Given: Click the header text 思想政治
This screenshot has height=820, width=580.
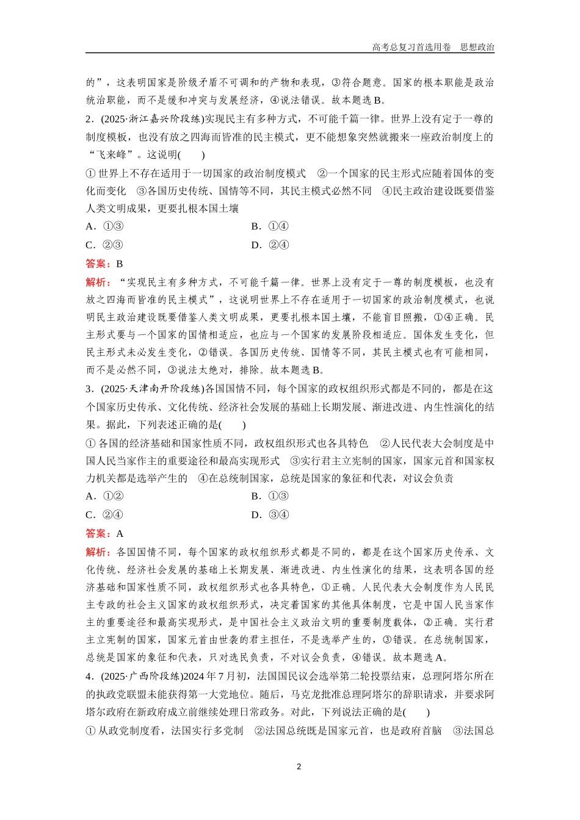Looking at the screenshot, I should coord(477,47).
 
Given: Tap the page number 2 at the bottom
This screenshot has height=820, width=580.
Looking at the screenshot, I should coord(299,766).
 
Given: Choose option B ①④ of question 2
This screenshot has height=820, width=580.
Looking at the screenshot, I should coord(270,226).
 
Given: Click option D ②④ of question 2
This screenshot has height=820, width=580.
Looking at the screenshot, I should coord(270,245).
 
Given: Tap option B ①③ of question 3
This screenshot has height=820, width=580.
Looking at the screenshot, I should coord(270,496).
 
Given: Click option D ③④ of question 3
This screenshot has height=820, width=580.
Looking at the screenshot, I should coord(270,514).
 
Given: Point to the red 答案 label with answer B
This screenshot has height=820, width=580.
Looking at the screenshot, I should coord(98,264).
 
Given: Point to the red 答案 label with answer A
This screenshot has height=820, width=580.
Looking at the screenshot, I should coord(98,533).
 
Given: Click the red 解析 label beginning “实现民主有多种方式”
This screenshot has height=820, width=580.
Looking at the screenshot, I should coord(98,282).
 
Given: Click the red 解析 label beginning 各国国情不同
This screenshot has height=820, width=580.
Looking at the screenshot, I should coord(98,552).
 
